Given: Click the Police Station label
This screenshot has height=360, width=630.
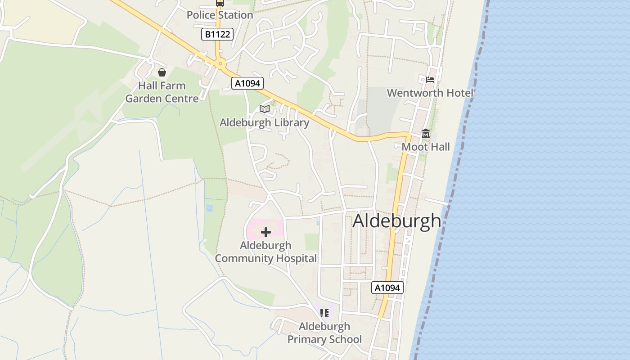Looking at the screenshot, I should point(220,15).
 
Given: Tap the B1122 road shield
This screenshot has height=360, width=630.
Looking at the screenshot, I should point(217,34).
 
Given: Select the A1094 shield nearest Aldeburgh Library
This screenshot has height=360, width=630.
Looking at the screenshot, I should point(247,83).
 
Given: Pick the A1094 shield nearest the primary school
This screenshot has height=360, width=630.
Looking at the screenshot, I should point(387,288).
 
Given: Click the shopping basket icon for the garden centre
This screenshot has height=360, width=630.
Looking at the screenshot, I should point(162,72).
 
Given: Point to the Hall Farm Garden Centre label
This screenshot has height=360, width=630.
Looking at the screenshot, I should point(162,92).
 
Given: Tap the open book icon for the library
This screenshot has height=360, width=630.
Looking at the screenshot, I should point(265,109).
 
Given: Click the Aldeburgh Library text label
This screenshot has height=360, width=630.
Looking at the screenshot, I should point(264,122).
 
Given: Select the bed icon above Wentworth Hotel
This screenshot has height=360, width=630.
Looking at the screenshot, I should point(430,80).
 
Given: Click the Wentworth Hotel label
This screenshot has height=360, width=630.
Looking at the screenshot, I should point(430,93).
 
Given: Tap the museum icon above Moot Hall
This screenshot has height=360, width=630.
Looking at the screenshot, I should point(425,134).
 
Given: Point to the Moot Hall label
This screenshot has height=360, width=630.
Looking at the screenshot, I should point(425,147).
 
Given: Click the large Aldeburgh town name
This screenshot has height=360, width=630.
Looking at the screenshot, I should point(396,221).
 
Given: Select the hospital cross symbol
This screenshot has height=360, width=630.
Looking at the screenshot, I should point(266,232).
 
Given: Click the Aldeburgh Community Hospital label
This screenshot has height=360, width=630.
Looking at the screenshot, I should point(266,252).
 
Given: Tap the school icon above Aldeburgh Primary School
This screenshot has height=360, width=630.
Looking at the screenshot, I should point(324,313).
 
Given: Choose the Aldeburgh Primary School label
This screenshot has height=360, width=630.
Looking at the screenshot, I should point(324,333).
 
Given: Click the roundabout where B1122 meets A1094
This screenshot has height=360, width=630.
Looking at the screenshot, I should point(220,64).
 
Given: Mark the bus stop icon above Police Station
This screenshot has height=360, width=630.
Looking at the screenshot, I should point(220,3).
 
